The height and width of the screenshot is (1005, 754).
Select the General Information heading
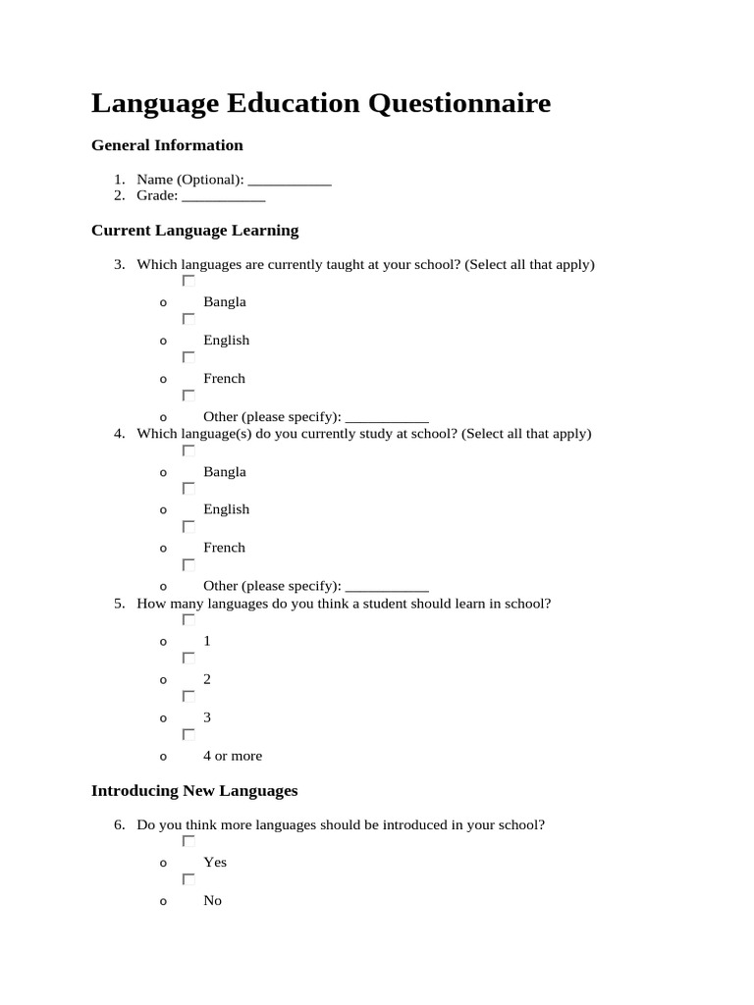[x=167, y=145]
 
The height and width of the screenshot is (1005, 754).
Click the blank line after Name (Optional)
[x=290, y=180]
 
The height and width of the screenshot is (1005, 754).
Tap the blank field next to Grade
[x=224, y=195]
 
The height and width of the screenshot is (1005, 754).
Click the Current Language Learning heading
[x=194, y=231]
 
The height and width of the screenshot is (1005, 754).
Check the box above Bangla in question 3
[x=188, y=281]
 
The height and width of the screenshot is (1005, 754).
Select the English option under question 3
[x=226, y=341]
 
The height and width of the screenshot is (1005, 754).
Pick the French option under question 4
[x=224, y=548]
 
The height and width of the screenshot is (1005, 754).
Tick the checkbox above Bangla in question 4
[x=188, y=450]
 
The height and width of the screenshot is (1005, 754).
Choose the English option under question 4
[x=226, y=509]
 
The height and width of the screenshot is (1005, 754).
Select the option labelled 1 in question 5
[x=207, y=641]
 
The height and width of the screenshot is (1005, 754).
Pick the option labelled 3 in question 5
[x=207, y=717]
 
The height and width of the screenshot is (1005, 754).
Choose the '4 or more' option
[x=233, y=756]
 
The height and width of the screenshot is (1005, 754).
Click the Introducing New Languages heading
[x=194, y=790]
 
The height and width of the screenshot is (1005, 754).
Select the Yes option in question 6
[x=215, y=862]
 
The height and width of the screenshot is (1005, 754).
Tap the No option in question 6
[x=212, y=900]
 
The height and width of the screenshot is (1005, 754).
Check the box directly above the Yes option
[x=188, y=841]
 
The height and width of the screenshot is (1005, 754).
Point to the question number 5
[x=118, y=604]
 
